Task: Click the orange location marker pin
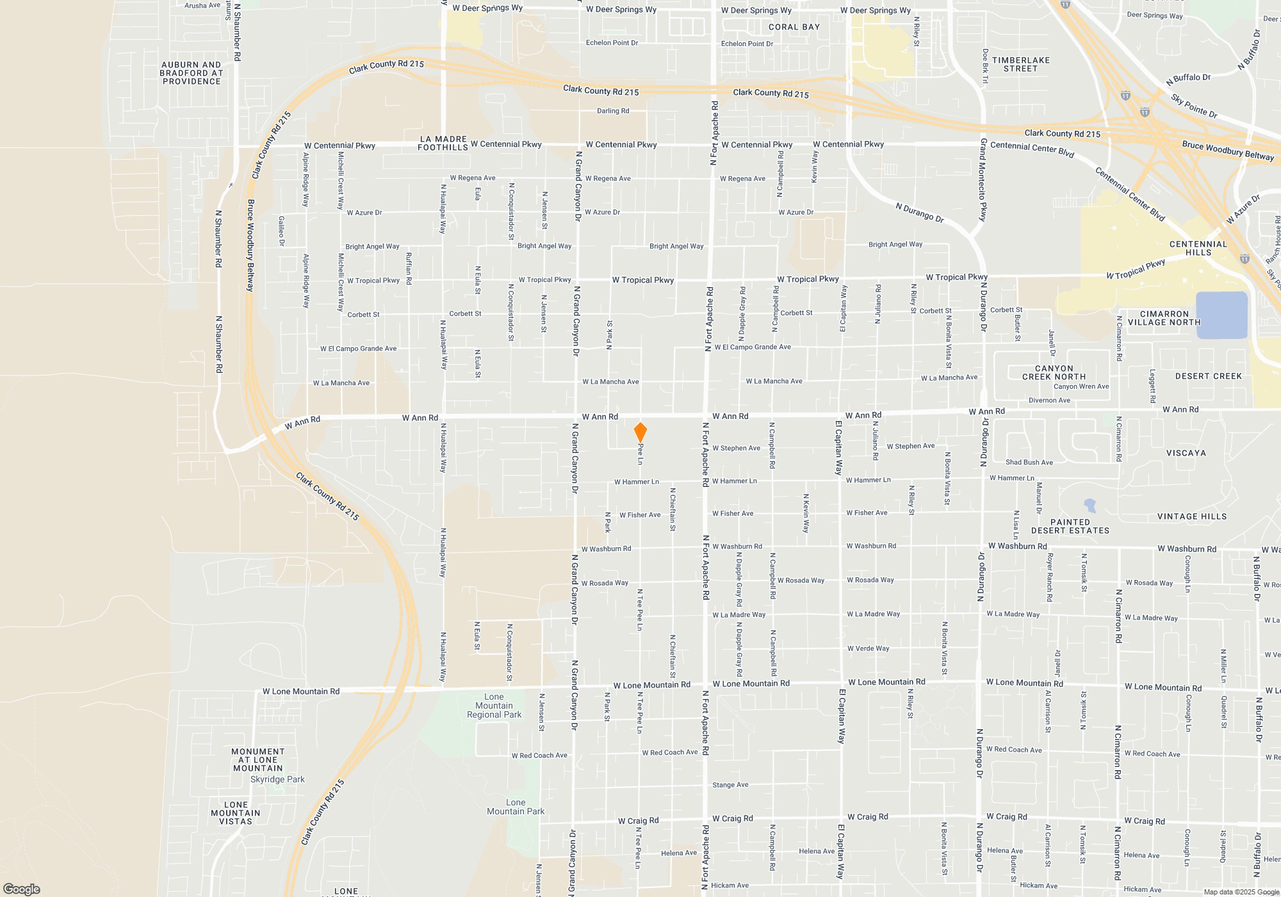coord(640,432)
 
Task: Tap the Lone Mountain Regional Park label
coord(494,705)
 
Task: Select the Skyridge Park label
coord(277,779)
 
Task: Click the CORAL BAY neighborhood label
coord(794,27)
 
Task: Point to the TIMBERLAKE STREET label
coord(1021,64)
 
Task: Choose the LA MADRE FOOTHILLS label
coord(443,143)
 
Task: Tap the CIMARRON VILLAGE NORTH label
coord(1164,318)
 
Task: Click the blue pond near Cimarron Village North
coord(1221,315)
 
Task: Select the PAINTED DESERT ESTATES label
coord(1070,526)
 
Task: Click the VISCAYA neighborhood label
coord(1186,453)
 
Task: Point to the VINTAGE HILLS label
coord(1191,516)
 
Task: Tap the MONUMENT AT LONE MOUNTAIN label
coord(257,760)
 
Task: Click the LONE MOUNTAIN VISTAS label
coord(236,813)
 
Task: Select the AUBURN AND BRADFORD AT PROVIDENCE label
coord(191,73)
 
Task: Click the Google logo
coord(22,889)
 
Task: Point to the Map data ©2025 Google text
coord(1241,892)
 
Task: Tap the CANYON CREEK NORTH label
coord(1054,372)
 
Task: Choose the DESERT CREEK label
coord(1208,376)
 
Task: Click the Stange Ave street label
coord(730,785)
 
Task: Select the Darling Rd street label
coord(613,111)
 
